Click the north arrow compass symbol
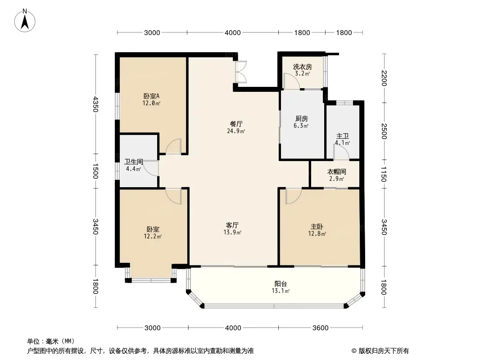pos(26,20)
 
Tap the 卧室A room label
pos(152,96)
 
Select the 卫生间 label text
pos(134,162)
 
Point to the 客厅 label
pos(232,225)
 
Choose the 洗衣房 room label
pos(302,67)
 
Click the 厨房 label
pos(302,119)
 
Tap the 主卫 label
pos(342,136)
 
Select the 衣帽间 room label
pos(336,172)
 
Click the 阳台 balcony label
pos(281,284)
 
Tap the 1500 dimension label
pos(95,171)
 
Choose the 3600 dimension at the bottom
pos(320,328)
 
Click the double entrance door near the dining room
pos(241,72)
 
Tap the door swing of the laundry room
pos(290,81)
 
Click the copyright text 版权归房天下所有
pos(383,351)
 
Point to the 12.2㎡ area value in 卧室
pos(153,236)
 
